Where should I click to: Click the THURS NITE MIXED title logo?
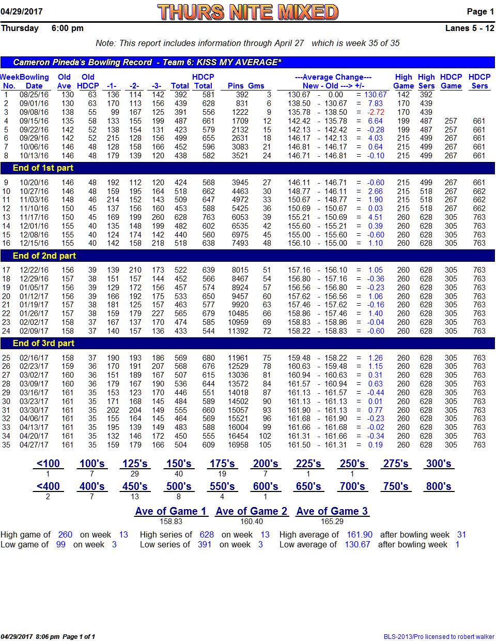[x=247, y=12]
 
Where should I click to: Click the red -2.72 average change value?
[x=376, y=112]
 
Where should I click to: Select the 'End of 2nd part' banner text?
[x=44, y=256]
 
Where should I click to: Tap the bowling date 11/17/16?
[x=34, y=217]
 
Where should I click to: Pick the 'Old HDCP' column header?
[x=88, y=81]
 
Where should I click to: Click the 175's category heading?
[x=222, y=464]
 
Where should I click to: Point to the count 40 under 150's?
[x=178, y=474]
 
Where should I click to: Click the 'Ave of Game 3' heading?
[x=332, y=511]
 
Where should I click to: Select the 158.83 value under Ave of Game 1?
[x=171, y=521]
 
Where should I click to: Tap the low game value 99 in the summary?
[x=60, y=544]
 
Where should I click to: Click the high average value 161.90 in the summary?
[x=359, y=534]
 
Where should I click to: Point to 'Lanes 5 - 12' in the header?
[x=470, y=28]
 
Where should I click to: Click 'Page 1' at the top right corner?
[x=480, y=11]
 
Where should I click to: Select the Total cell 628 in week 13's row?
[x=180, y=217]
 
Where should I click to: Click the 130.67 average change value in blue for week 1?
[x=375, y=95]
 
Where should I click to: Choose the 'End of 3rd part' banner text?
[x=43, y=343]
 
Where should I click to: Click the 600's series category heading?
[x=266, y=486]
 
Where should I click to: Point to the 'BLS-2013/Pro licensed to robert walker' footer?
[x=439, y=636]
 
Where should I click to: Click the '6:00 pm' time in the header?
[x=68, y=28]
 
